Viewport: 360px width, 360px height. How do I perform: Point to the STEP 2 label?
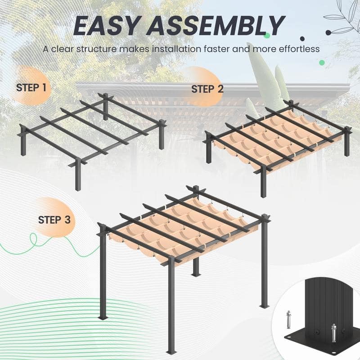coord(207,89)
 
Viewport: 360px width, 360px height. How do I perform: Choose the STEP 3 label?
coord(54,220)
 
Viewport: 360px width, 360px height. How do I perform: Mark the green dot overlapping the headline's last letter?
coord(267,35)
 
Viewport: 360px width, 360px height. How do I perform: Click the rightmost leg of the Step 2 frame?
coord(346,144)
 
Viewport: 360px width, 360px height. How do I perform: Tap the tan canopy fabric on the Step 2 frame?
coord(270,135)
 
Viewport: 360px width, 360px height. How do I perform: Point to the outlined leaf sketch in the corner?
coord(342,18)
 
